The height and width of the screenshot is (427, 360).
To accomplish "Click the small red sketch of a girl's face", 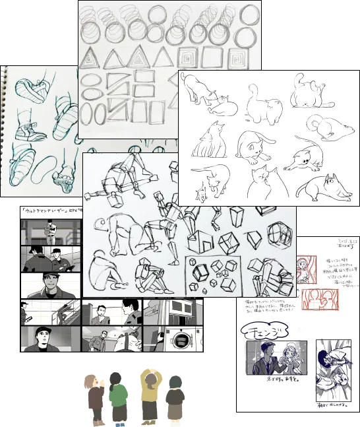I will (x=305, y=268).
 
